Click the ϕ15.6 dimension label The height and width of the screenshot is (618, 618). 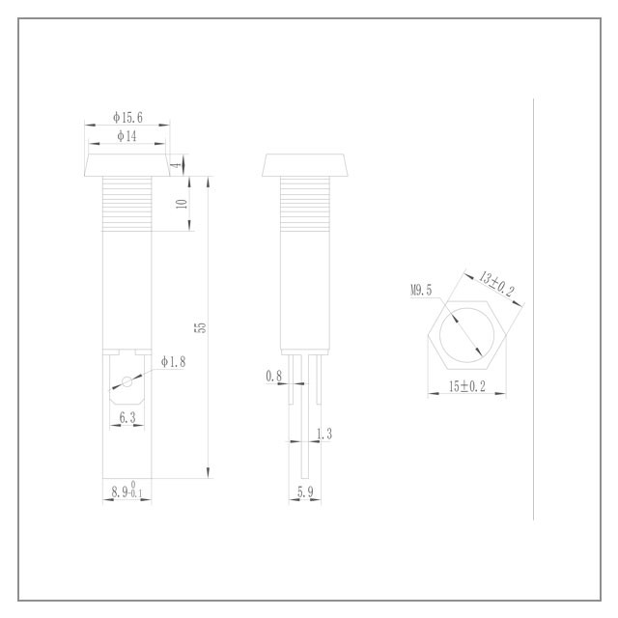(x=127, y=118)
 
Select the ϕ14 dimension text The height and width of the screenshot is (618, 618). (x=126, y=136)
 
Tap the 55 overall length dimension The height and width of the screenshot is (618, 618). (x=200, y=327)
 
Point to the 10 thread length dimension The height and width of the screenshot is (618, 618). (x=182, y=204)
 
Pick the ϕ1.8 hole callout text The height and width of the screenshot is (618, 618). (x=173, y=361)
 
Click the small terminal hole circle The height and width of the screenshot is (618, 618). (x=126, y=381)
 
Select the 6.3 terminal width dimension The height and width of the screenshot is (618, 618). (x=127, y=417)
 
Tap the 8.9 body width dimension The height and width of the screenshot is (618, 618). (x=126, y=490)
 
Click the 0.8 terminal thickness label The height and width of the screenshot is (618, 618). (x=274, y=376)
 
